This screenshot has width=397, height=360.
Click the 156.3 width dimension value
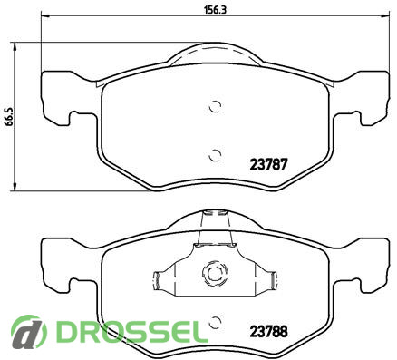(216, 10)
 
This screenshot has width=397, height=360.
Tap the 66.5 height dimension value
(9, 117)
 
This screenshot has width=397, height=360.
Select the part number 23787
(268, 164)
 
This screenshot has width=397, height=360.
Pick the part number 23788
(268, 332)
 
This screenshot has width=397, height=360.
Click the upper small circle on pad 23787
(216, 106)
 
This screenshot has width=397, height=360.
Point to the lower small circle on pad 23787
(216, 155)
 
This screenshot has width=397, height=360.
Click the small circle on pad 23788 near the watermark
(216, 322)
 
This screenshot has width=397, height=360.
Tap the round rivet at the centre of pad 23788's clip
(215, 274)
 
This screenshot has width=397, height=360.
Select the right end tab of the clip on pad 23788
(273, 281)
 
